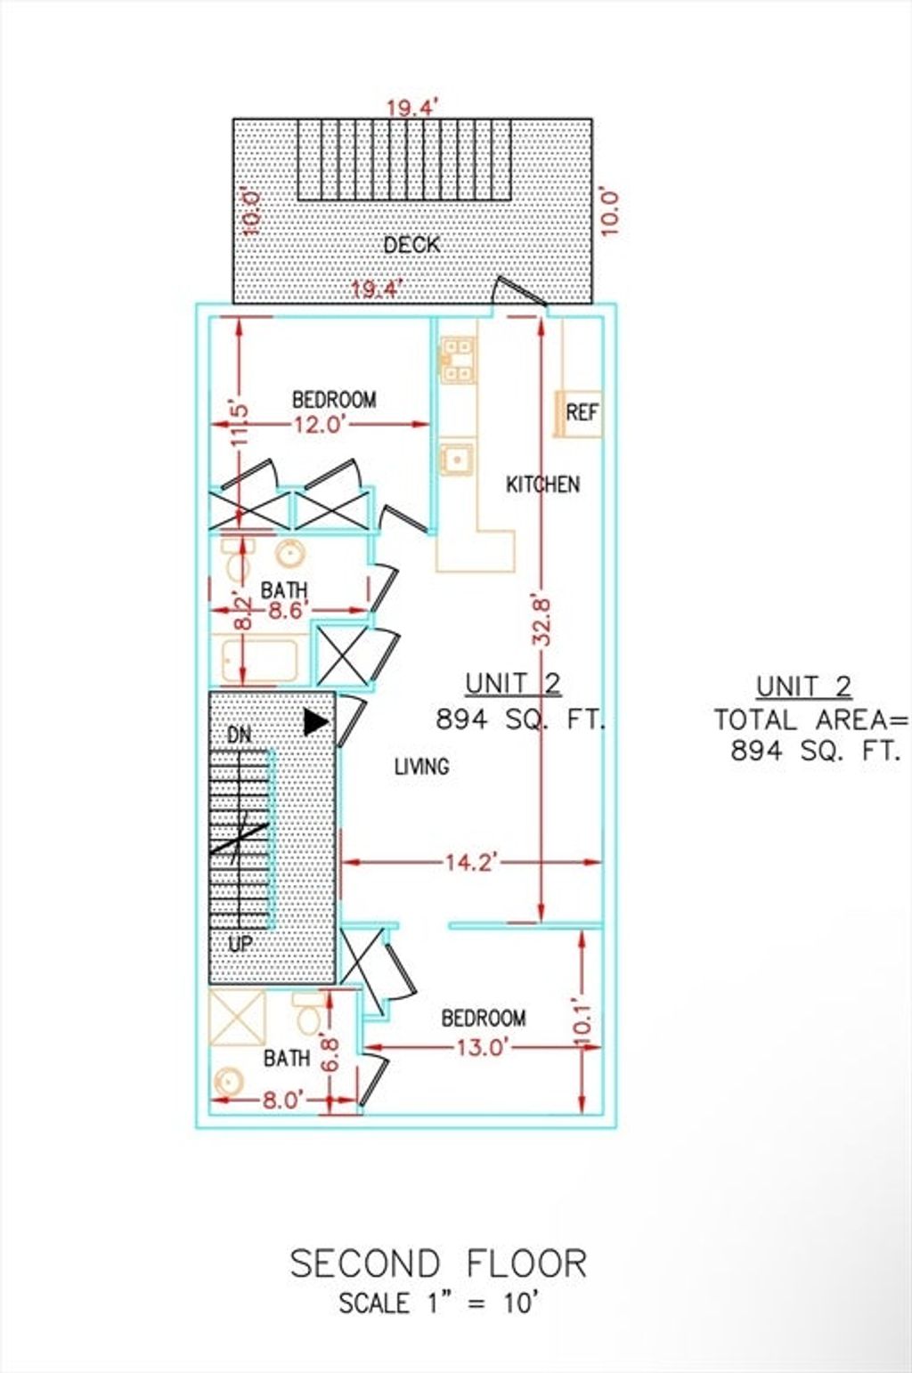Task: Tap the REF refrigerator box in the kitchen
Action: click(x=579, y=413)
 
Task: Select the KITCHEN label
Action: click(x=542, y=484)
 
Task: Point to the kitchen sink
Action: click(x=457, y=458)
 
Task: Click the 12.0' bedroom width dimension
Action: click(x=321, y=424)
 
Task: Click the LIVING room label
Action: click(x=421, y=766)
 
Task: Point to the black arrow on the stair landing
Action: click(x=316, y=722)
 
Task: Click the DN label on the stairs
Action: click(x=239, y=735)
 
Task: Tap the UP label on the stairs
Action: click(x=240, y=943)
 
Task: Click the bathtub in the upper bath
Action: click(x=260, y=660)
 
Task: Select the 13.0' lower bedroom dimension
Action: click(x=481, y=1047)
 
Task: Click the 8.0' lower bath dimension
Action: click(x=282, y=1101)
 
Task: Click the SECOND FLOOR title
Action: click(x=439, y=1263)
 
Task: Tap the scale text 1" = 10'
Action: click(x=484, y=1304)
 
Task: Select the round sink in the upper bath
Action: click(x=290, y=555)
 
